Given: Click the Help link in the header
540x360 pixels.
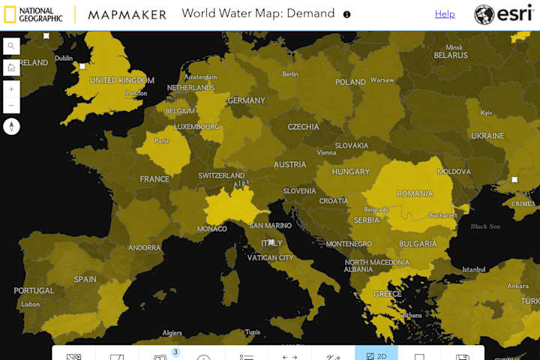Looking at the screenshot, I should pyautogui.click(x=445, y=14).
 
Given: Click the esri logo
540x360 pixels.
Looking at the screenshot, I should pyautogui.click(x=505, y=14).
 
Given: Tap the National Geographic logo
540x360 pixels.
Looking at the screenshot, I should pyautogui.click(x=33, y=14).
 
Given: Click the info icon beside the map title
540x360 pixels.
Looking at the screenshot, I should pyautogui.click(x=346, y=14).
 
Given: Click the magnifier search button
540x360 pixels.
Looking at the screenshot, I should pyautogui.click(x=11, y=46).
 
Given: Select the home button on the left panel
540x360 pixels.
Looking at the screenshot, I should pyautogui.click(x=11, y=67).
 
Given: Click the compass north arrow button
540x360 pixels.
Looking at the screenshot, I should pyautogui.click(x=11, y=126).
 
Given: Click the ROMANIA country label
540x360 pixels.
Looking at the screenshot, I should pyautogui.click(x=415, y=193).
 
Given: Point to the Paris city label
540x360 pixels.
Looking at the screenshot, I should pyautogui.click(x=161, y=140).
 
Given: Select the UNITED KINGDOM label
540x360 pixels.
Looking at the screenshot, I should pyautogui.click(x=121, y=80).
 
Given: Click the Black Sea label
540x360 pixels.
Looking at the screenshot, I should pyautogui.click(x=484, y=226).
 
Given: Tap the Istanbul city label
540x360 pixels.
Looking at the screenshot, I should pyautogui.click(x=474, y=269).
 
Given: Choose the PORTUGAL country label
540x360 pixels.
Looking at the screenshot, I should pyautogui.click(x=34, y=290).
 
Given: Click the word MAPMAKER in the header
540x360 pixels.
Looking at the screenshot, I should pyautogui.click(x=127, y=14).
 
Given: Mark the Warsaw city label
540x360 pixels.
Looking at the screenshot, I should pyautogui.click(x=382, y=79).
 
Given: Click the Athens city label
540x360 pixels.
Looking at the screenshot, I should pyautogui.click(x=411, y=315).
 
